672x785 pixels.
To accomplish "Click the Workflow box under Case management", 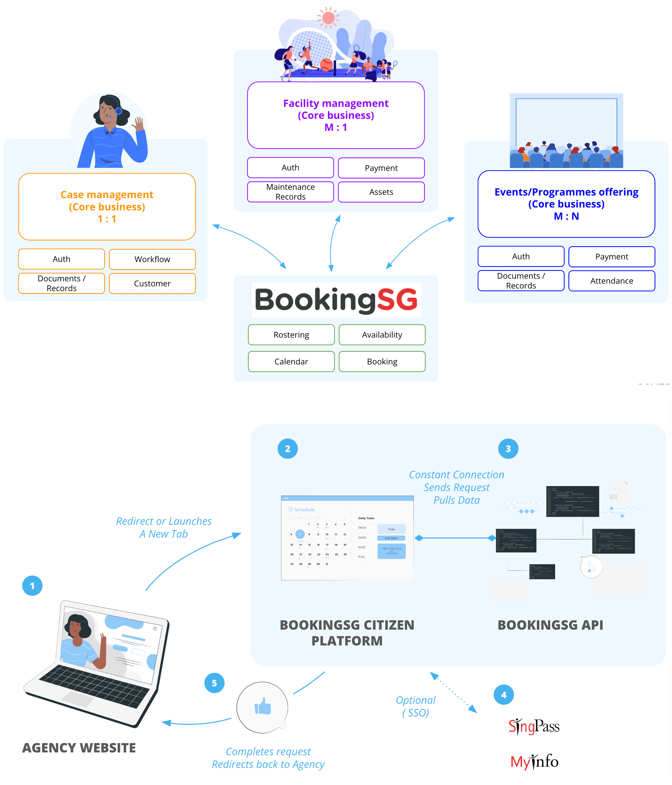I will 152,259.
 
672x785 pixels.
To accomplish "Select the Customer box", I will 152,283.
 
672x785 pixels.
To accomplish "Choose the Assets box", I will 381,192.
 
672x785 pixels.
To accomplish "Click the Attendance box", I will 611,281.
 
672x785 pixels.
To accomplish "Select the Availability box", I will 382,335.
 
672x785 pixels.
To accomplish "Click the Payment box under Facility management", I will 381,168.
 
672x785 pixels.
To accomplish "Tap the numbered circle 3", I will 508,449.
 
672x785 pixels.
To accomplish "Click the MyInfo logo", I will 534,762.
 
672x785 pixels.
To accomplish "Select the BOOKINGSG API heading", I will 550,625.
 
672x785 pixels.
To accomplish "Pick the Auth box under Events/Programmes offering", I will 521,257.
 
